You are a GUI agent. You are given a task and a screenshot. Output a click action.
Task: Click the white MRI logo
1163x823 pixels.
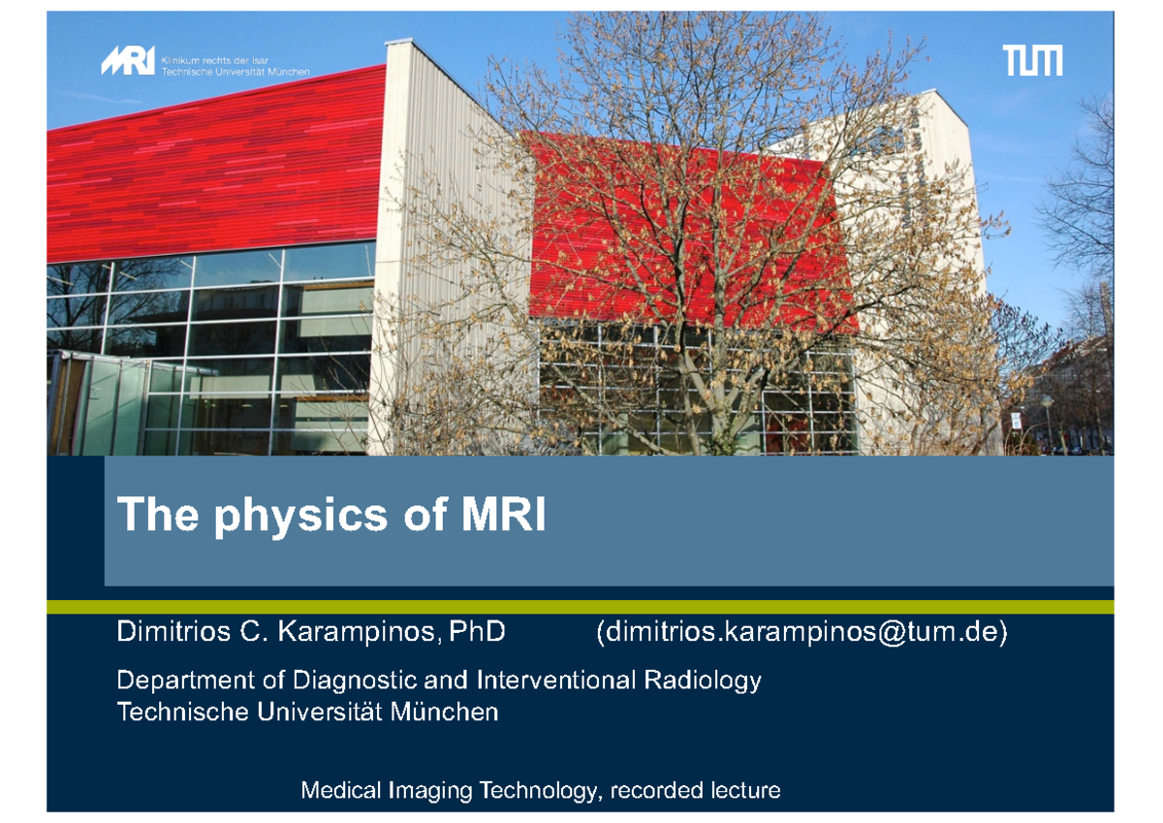tap(127, 62)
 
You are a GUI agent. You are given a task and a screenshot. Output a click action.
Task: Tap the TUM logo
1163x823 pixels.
tap(1032, 61)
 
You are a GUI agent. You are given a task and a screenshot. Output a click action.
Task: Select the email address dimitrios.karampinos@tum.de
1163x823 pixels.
tap(802, 633)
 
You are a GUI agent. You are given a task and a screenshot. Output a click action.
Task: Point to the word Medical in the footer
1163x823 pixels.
tap(341, 791)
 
